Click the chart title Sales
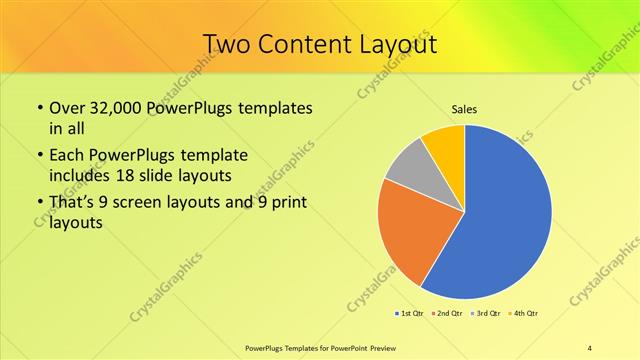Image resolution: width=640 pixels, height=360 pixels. coord(463,108)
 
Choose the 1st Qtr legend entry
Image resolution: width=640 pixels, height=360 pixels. coord(410,314)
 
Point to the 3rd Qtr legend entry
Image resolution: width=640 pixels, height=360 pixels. coord(487,314)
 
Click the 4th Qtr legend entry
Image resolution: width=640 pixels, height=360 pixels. coord(524,314)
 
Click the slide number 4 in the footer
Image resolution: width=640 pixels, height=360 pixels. coord(590,347)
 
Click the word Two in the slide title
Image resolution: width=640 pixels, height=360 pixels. coord(227,45)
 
